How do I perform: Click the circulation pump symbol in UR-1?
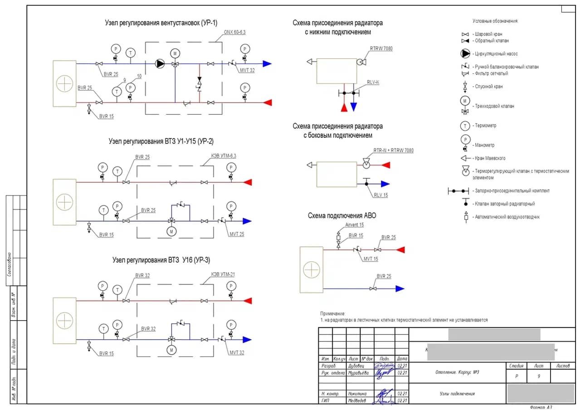(160, 64)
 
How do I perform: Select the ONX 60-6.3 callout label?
(235, 32)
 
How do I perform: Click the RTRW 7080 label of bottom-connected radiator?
(381, 49)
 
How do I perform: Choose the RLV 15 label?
(381, 195)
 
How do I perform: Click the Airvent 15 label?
(355, 225)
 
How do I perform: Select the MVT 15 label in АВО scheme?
(370, 259)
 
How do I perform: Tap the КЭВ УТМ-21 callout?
(223, 274)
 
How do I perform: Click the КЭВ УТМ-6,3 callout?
(224, 156)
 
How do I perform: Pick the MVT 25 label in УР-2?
(237, 234)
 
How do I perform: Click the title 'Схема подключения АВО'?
(342, 216)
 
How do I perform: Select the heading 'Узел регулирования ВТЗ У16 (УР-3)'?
(161, 260)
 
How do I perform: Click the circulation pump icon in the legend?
(465, 54)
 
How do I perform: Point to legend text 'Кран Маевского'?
(490, 158)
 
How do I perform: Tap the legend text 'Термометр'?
(485, 126)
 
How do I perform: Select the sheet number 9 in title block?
(538, 376)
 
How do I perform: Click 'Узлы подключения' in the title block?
(458, 394)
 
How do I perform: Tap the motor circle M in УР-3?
(171, 350)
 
